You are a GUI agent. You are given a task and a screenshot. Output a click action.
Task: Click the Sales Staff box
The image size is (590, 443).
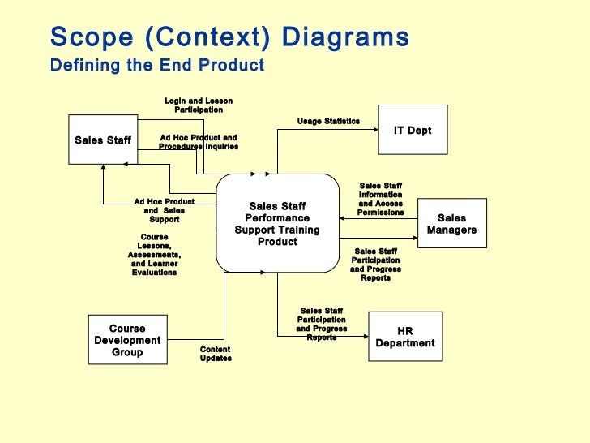point(103,140)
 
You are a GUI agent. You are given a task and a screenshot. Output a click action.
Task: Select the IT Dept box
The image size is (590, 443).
point(413,130)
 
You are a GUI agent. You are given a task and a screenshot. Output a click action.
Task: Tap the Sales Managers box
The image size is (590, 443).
point(451,224)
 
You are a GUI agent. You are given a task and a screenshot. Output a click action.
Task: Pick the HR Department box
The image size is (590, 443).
point(405,337)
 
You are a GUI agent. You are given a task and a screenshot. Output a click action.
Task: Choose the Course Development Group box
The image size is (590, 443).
point(127,341)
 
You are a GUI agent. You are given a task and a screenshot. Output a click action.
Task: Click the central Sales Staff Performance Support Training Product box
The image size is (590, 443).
point(277,224)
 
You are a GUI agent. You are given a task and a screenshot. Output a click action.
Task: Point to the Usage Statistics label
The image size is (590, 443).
point(328,121)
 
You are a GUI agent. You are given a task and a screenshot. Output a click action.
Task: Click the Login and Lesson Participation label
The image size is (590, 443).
point(199,105)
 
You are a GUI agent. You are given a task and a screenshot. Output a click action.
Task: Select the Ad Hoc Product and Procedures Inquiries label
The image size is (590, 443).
point(199,142)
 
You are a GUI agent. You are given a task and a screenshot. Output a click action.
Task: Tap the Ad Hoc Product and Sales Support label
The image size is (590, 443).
point(165,210)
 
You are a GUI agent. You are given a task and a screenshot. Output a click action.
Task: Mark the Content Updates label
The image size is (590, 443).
point(216,354)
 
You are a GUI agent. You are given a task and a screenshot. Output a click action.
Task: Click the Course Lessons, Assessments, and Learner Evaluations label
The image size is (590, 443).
point(154,255)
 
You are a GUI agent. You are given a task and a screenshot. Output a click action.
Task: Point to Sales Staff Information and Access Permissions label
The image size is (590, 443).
point(380,199)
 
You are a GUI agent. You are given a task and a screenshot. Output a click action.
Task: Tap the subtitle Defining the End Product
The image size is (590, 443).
point(157,66)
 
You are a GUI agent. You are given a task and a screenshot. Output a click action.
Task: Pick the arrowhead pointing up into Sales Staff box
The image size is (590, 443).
point(103,167)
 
